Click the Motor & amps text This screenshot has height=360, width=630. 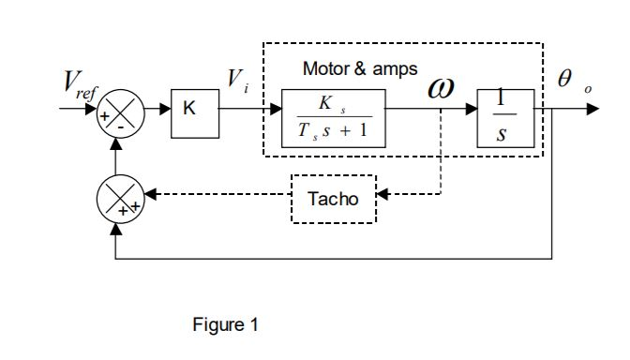pos(359,69)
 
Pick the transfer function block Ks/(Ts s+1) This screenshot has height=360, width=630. pos(333,118)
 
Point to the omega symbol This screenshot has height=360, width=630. pos(441,88)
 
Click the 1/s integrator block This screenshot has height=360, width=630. pos(505,118)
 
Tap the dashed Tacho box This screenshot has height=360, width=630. pos(333,198)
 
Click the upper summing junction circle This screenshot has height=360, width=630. pos(121,112)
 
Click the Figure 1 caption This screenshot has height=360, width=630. pos(224,325)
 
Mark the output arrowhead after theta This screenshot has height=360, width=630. pos(592,109)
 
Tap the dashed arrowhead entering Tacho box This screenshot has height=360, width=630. pos(382,196)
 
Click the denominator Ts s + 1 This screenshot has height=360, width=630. pos(333,131)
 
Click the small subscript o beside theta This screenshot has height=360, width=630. pos(588,89)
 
